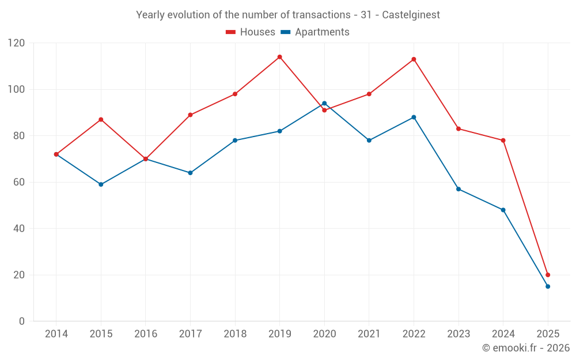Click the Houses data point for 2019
tap(279, 57)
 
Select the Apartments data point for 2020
tap(324, 104)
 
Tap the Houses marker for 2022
tap(414, 59)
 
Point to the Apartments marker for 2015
tap(101, 184)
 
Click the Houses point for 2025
tap(548, 275)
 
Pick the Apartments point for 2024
tap(503, 210)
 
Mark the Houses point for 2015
tap(101, 120)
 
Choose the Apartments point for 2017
tap(190, 173)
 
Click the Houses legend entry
tap(251, 32)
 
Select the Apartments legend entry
tap(315, 32)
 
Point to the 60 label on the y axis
tap(19, 182)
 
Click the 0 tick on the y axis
tap(22, 321)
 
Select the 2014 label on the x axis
tap(56, 334)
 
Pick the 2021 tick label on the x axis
tap(369, 334)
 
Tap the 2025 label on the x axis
tap(548, 334)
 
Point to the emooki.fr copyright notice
tap(525, 348)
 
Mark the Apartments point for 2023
tap(458, 189)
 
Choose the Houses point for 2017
tap(190, 115)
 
